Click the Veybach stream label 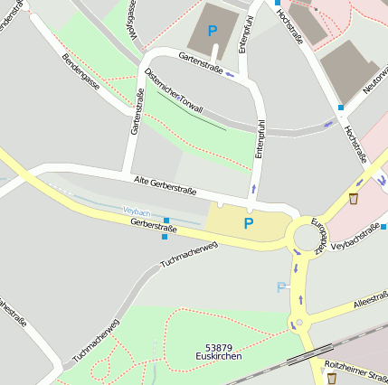(x=137, y=211)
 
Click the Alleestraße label (x=370, y=300)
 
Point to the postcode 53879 (x=218, y=348)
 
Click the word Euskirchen (x=218, y=358)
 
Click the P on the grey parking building (x=213, y=31)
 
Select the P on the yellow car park (x=249, y=222)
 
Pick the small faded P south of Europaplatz (x=281, y=286)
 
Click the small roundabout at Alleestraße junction (x=298, y=322)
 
